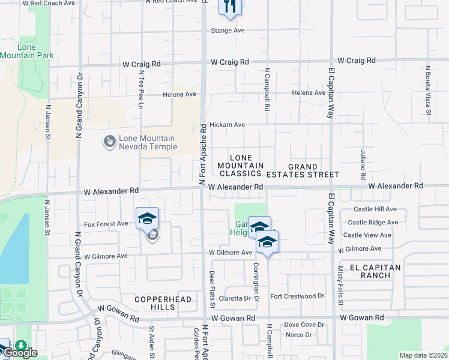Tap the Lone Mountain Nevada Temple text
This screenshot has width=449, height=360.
[x=148, y=142]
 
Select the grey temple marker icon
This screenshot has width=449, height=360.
[x=109, y=142]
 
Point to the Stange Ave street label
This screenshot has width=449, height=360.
[x=227, y=31]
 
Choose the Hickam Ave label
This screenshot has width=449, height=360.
[x=227, y=125]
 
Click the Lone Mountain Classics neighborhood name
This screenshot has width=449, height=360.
[x=240, y=165]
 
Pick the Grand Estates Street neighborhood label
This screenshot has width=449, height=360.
[x=313, y=170]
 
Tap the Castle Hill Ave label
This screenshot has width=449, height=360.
[x=375, y=209]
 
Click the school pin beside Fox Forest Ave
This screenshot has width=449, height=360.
[x=147, y=219]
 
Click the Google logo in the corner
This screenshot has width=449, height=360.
[x=19, y=353]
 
